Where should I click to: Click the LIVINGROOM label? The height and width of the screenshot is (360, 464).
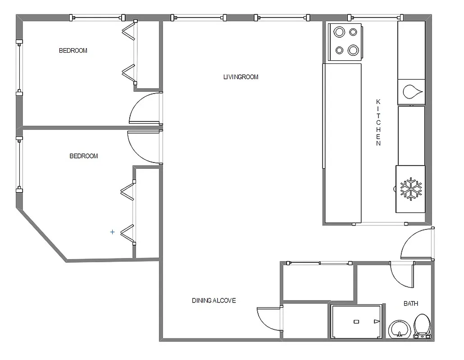[241, 77]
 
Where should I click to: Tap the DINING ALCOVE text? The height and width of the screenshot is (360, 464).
[214, 301]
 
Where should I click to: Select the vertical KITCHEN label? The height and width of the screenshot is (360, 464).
[378, 122]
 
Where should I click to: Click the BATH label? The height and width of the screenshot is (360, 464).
[410, 304]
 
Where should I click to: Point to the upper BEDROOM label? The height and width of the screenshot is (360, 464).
[73, 50]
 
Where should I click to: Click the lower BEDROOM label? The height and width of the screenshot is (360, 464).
[83, 156]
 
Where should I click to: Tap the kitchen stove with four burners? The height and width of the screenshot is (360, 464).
[346, 41]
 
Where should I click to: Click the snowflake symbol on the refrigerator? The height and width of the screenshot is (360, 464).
[411, 189]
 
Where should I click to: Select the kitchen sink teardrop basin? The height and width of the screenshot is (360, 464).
[412, 92]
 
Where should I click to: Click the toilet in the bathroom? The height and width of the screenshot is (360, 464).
[422, 326]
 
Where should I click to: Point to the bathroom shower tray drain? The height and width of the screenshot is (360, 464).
[356, 321]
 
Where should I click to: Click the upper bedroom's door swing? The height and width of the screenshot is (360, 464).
[145, 109]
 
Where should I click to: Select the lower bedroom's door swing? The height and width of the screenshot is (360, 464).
[144, 147]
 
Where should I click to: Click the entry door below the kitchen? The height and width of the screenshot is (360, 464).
[418, 245]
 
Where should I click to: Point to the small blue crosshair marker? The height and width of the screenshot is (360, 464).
[113, 232]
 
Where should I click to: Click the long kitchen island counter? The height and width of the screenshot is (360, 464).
[342, 143]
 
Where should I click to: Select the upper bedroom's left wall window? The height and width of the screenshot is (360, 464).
[19, 67]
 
